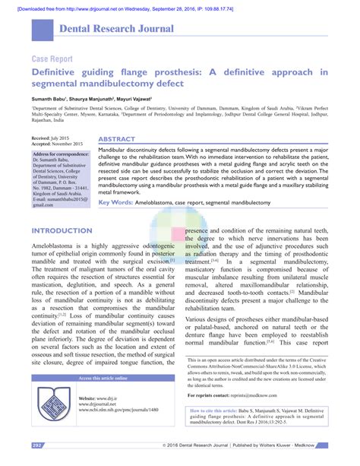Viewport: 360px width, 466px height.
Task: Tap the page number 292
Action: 37,445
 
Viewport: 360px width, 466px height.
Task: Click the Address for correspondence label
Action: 62,154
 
